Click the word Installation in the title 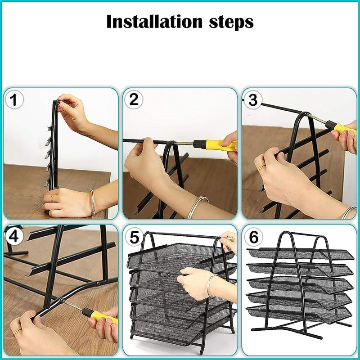pyautogui.click(x=154, y=21)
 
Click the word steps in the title pyautogui.click(x=231, y=22)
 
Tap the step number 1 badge pyautogui.click(x=14, y=100)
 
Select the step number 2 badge pyautogui.click(x=134, y=99)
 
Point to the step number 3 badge pyautogui.click(x=253, y=100)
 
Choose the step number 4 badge pyautogui.click(x=14, y=237)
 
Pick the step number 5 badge pyautogui.click(x=134, y=237)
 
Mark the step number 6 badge pyautogui.click(x=253, y=237)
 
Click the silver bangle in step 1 pyautogui.click(x=93, y=202)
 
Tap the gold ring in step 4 pyautogui.click(x=18, y=331)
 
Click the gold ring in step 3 pyautogui.click(x=261, y=167)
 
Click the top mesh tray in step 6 pyautogui.click(x=301, y=254)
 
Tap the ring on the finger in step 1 pyautogui.click(x=52, y=197)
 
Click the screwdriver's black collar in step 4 pyautogui.click(x=86, y=312)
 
